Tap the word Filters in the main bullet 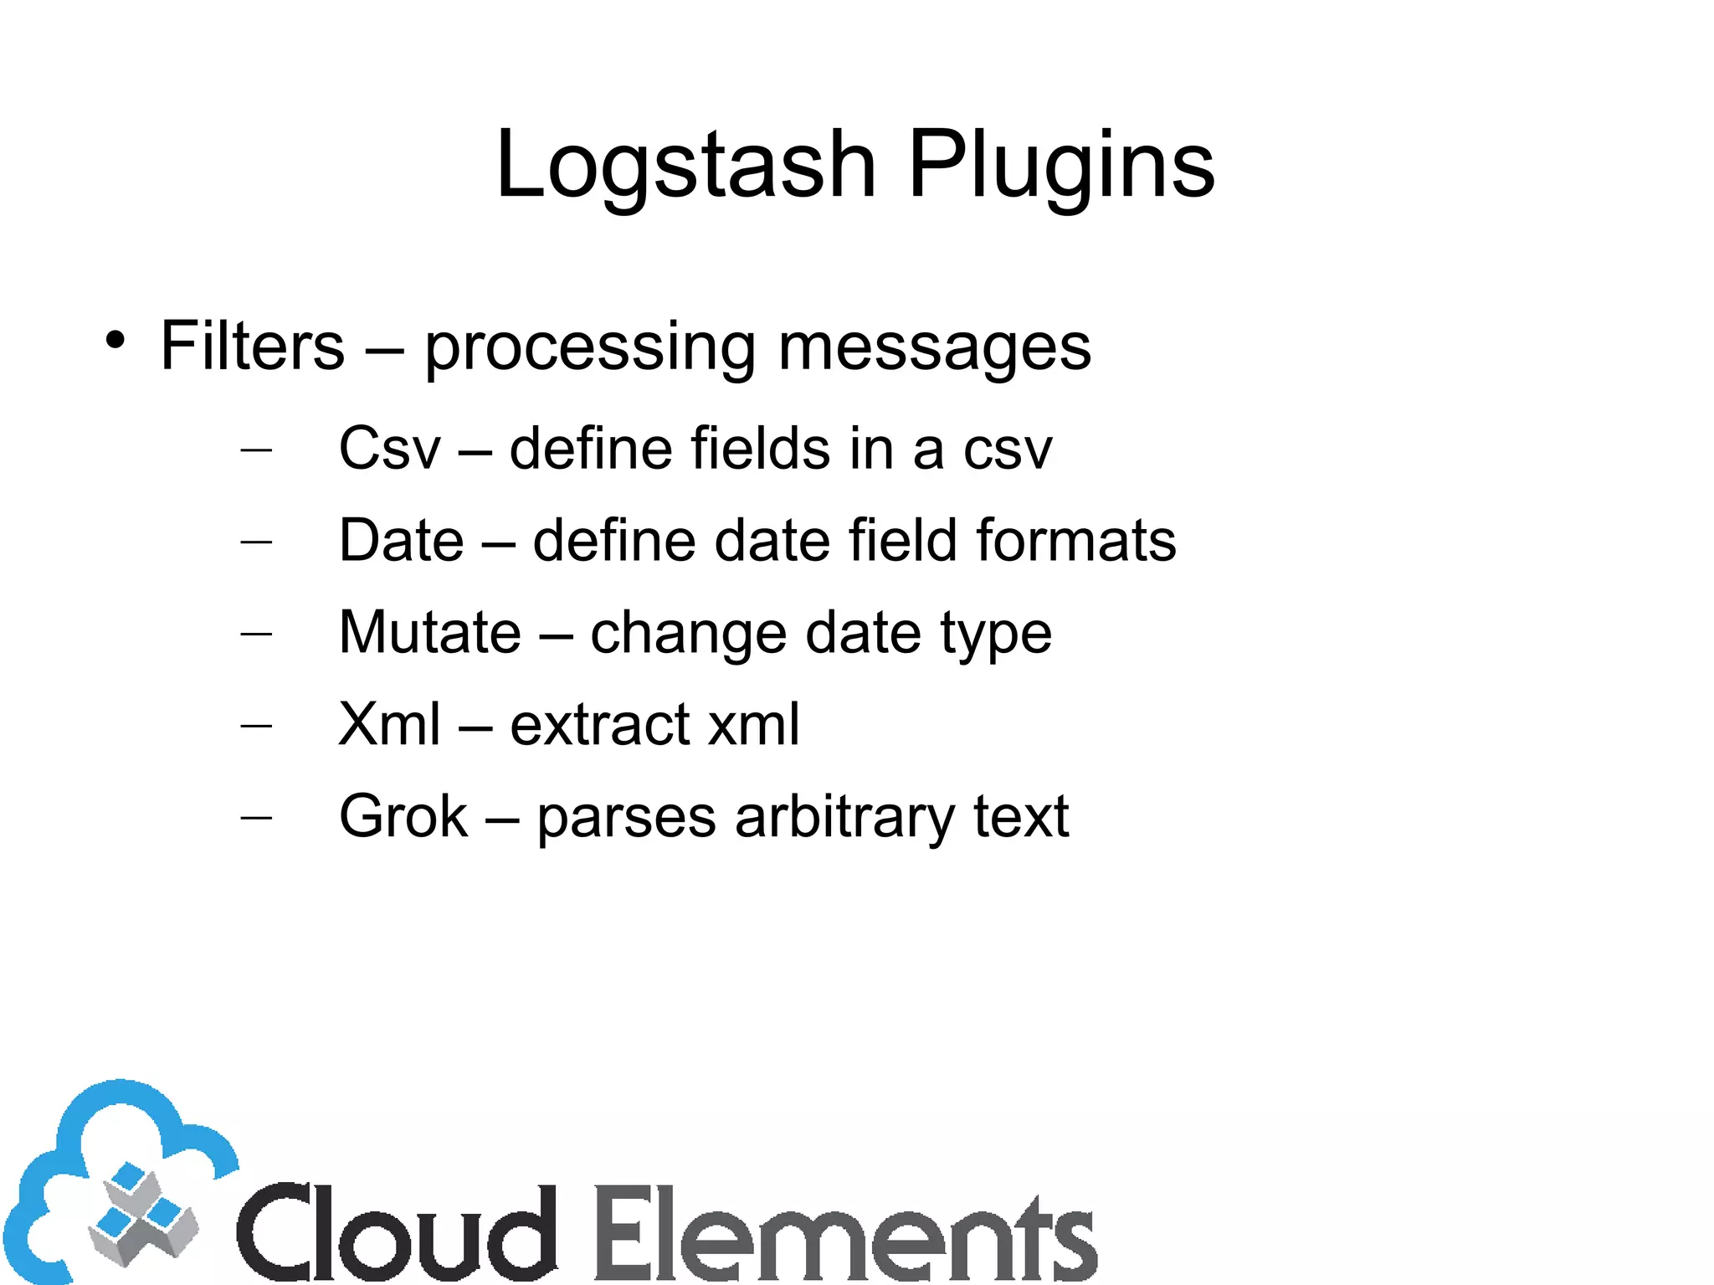click(252, 346)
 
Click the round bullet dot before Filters click(115, 341)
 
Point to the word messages click(934, 346)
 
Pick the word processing click(590, 347)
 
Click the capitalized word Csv click(389, 449)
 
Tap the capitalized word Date click(401, 540)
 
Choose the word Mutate click(430, 632)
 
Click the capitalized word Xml click(389, 724)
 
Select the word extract click(600, 724)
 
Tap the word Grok click(403, 816)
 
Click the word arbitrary click(844, 816)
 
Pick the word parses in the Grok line click(626, 818)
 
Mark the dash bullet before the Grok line click(256, 816)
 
